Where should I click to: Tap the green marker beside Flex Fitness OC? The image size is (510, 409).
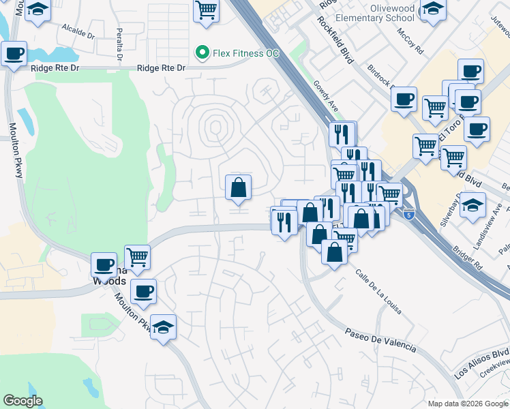point(202,52)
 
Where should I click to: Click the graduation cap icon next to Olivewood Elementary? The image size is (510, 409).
point(432,10)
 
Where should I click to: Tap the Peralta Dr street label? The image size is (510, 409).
point(119,45)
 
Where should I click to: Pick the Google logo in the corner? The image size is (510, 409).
point(22,401)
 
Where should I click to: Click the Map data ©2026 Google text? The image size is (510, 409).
point(467,404)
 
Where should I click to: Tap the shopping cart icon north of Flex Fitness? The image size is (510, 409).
point(205,10)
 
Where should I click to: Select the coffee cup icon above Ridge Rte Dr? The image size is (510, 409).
point(14,53)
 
